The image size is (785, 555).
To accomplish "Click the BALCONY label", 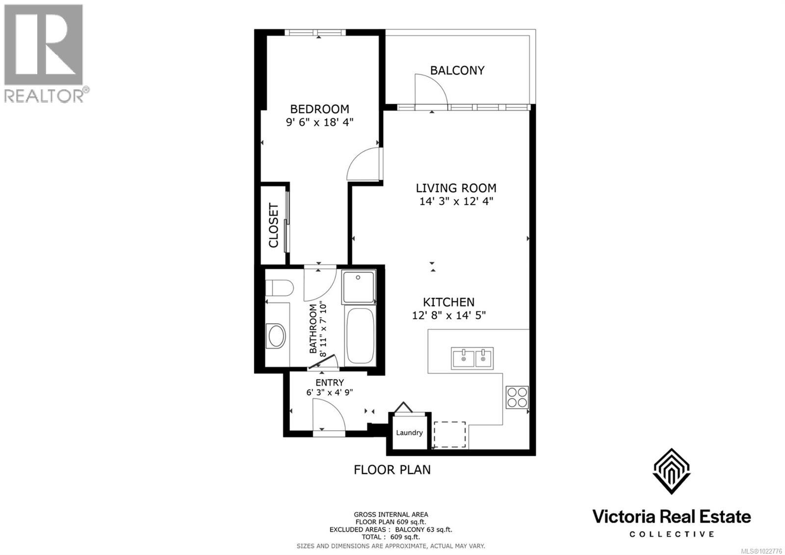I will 457,70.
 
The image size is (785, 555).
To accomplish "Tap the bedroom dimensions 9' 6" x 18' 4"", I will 319,122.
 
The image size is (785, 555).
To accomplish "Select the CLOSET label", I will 274,225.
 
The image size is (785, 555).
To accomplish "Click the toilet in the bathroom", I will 279,287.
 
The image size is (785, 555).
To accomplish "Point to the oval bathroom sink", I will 277,336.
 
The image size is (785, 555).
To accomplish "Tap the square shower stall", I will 359,286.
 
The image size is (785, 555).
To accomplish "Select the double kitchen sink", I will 472,358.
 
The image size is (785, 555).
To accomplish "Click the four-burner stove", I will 517,397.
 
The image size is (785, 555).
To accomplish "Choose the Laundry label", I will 409,433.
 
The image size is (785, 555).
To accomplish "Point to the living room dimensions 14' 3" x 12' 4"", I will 456,201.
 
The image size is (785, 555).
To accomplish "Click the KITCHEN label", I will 448,302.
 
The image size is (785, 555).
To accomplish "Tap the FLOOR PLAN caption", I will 392,470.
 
